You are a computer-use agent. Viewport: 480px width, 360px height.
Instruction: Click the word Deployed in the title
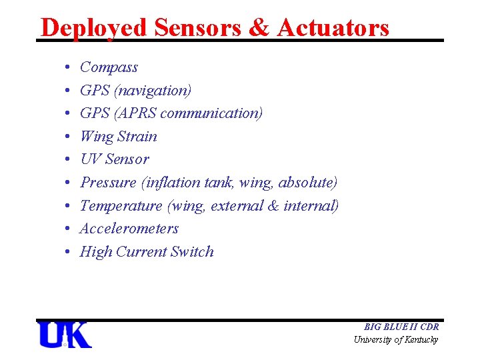click(x=93, y=28)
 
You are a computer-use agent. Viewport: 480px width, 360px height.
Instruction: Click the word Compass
click(x=109, y=67)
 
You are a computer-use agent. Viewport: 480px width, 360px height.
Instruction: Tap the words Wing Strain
click(x=118, y=137)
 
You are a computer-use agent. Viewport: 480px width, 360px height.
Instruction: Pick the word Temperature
click(x=121, y=206)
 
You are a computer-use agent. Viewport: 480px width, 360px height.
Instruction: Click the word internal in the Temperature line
click(x=311, y=206)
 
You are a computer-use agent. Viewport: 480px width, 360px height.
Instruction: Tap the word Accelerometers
click(x=129, y=229)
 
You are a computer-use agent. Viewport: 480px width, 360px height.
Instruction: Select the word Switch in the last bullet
click(x=192, y=252)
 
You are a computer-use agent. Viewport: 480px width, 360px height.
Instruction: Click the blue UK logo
click(x=65, y=335)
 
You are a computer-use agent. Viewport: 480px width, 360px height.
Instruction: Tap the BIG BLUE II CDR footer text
click(x=401, y=327)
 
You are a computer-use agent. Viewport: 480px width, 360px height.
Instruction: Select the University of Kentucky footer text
click(x=396, y=340)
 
